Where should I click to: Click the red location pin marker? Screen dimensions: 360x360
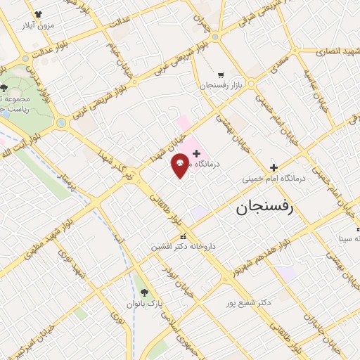click(181, 165)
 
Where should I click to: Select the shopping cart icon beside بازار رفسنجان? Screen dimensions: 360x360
click(221, 74)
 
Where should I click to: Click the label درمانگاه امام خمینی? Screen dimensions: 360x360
click(275, 179)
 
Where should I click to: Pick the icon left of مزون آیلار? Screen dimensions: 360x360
click(37, 13)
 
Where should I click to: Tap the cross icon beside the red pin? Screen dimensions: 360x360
click(196, 153)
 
